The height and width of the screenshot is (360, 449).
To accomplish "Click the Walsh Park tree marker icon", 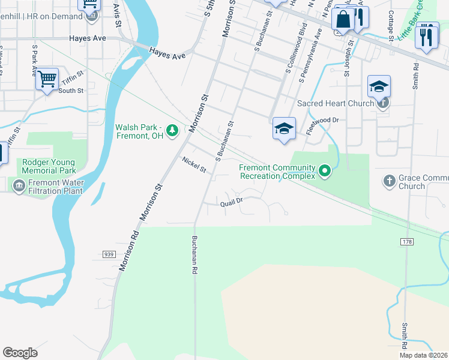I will coord(172,130).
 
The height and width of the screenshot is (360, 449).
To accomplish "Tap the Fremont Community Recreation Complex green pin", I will coord(325,171).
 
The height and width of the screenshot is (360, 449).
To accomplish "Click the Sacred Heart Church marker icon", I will coord(383,103).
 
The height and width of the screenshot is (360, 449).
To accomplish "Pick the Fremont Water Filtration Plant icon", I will coord(18,186).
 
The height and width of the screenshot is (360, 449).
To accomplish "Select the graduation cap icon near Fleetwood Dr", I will coord(284,128).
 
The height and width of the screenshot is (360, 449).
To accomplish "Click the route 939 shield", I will coord(109,254).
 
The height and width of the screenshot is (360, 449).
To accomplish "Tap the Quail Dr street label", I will coord(231,203).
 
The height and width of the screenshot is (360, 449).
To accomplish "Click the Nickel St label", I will coord(194,165).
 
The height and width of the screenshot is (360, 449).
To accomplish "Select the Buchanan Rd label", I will coord(194,254).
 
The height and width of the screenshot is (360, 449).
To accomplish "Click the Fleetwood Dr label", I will coord(323,120).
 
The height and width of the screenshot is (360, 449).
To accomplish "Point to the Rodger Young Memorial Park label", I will coord(49,166).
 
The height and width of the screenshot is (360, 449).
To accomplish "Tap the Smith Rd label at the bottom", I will coord(405,336).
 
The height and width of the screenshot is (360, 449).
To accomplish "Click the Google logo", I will coord(20,353).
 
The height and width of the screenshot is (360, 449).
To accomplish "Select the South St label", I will coord(71,91).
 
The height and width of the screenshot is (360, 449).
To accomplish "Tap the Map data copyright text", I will coord(423,355).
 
